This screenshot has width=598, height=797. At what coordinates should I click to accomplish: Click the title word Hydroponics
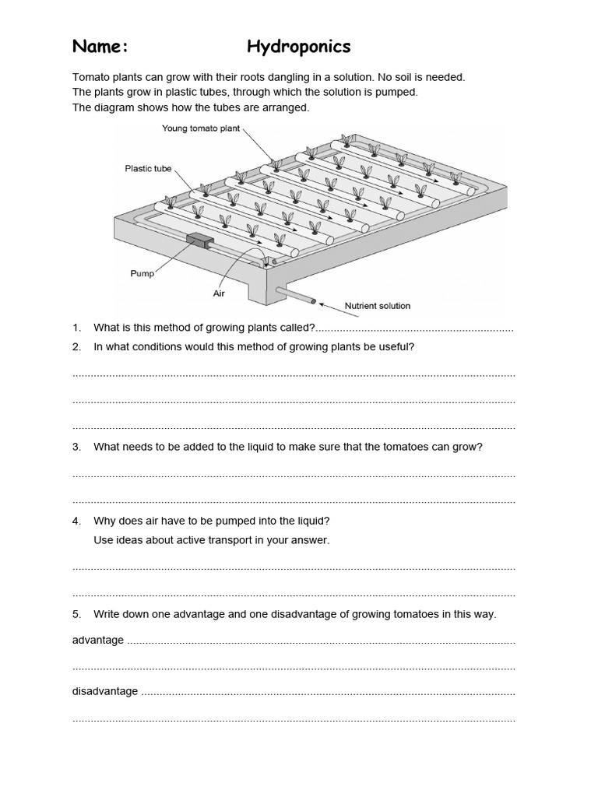pyautogui.click(x=298, y=47)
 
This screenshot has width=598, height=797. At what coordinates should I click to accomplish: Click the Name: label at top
pyautogui.click(x=100, y=47)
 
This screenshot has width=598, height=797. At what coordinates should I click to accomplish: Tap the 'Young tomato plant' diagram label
pyautogui.click(x=201, y=128)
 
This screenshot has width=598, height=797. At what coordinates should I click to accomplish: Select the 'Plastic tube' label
pyautogui.click(x=148, y=168)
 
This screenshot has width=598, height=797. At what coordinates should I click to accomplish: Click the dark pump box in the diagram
pyautogui.click(x=199, y=241)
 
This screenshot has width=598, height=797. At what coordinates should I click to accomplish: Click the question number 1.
pyautogui.click(x=76, y=328)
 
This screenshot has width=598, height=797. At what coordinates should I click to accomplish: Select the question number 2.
pyautogui.click(x=76, y=347)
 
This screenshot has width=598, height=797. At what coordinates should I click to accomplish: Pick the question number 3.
pyautogui.click(x=76, y=447)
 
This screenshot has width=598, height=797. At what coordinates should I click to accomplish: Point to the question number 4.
pyautogui.click(x=76, y=521)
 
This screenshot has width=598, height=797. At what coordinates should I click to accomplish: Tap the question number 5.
pyautogui.click(x=76, y=614)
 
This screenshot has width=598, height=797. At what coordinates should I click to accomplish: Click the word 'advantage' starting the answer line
pyautogui.click(x=97, y=640)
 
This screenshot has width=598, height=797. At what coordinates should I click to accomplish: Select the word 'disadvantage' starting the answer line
pyautogui.click(x=105, y=691)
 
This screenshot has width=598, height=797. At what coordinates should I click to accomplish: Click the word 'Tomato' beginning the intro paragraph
pyautogui.click(x=89, y=77)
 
